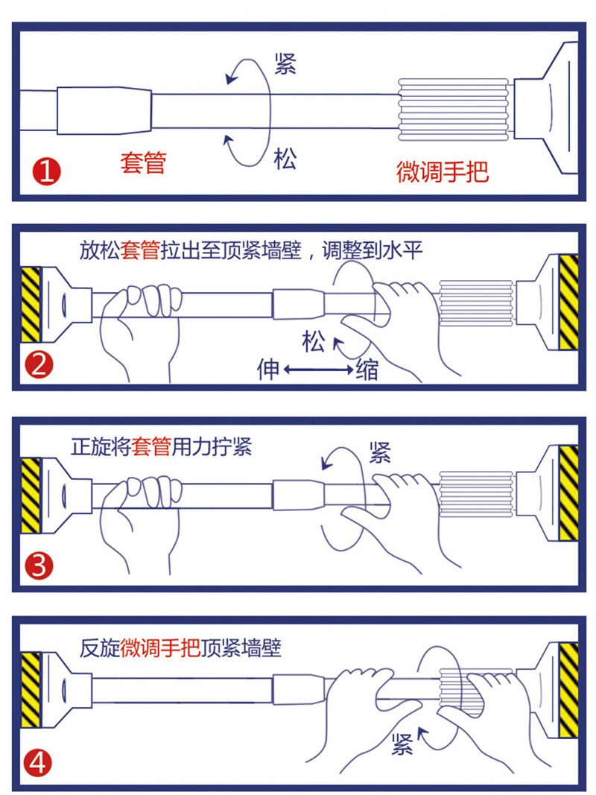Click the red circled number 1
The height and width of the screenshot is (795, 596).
[47, 171]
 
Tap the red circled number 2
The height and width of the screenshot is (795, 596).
[39, 365]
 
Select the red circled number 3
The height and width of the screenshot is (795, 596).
[39, 566]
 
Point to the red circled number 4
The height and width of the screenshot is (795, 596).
[38, 762]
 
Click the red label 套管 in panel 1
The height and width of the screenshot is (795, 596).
[144, 162]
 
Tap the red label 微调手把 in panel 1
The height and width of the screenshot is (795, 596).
[443, 171]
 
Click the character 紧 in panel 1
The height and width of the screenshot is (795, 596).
[285, 64]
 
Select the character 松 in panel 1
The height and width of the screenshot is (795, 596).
[285, 159]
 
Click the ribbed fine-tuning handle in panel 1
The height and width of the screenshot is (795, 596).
[454, 109]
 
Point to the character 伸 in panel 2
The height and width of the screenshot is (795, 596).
[268, 369]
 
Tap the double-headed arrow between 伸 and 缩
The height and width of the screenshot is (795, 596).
[318, 369]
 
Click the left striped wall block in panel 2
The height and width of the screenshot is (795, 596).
[31, 304]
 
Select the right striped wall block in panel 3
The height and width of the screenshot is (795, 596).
[568, 493]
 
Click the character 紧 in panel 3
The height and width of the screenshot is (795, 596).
[380, 452]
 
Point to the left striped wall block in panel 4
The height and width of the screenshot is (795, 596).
[31, 690]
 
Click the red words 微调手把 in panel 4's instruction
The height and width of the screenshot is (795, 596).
[160, 648]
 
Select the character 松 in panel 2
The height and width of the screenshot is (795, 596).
[314, 341]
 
